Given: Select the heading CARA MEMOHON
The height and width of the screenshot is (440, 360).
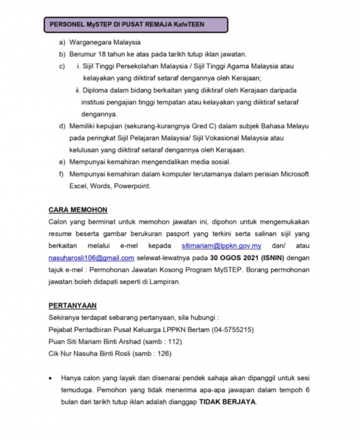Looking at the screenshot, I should (x=77, y=210).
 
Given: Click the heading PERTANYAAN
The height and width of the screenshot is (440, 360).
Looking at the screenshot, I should (x=72, y=305).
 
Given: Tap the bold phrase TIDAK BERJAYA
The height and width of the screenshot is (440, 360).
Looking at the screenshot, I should (x=227, y=402).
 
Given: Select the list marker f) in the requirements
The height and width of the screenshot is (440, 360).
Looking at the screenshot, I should (x=62, y=174).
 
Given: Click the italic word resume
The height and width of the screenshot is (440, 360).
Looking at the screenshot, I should (x=60, y=234).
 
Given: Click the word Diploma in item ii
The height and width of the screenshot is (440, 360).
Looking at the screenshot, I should (x=95, y=90).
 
